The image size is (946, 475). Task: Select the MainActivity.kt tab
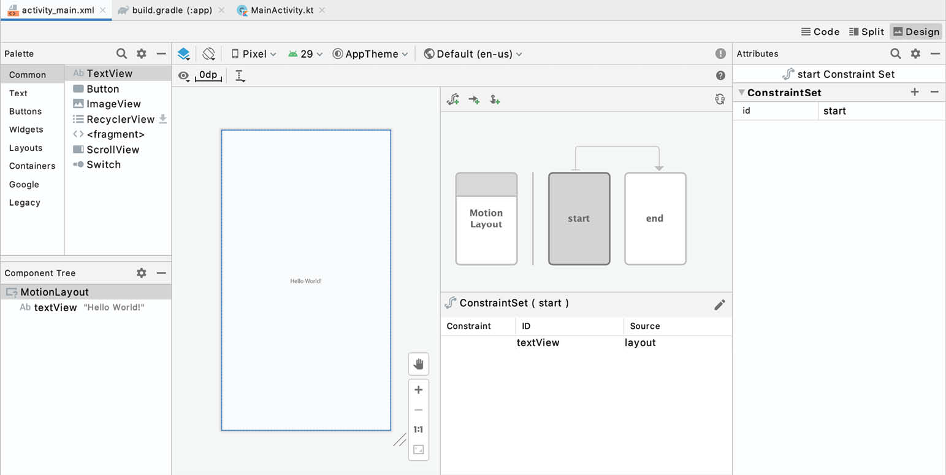click(x=281, y=10)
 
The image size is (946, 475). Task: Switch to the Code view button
click(x=820, y=32)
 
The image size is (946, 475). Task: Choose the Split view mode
click(x=866, y=32)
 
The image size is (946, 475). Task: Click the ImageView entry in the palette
click(x=113, y=104)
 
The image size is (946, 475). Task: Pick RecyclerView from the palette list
click(x=120, y=119)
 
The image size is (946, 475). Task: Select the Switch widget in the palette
click(x=104, y=164)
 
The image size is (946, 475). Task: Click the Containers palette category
click(x=32, y=166)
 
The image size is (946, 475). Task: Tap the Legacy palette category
click(x=25, y=203)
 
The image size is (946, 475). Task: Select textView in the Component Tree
click(x=55, y=307)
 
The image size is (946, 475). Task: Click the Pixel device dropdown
click(x=254, y=54)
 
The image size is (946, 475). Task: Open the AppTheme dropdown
click(x=370, y=54)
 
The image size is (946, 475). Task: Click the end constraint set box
click(x=655, y=218)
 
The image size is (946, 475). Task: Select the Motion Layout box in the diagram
click(x=486, y=218)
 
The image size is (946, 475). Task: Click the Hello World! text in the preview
click(x=306, y=281)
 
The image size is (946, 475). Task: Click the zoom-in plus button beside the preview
click(x=419, y=390)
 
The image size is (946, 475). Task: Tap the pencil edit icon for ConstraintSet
click(x=720, y=304)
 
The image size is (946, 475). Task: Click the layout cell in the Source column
click(x=640, y=342)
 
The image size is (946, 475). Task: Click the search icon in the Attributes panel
click(x=895, y=53)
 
